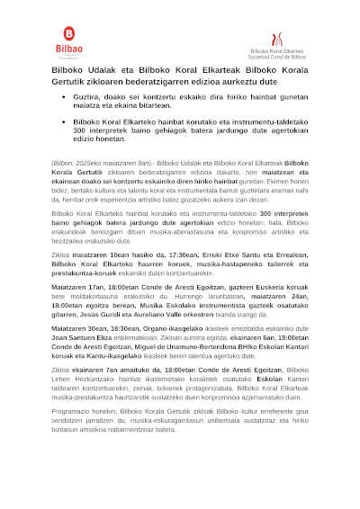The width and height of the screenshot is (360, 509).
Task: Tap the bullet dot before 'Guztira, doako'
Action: coord(63,96)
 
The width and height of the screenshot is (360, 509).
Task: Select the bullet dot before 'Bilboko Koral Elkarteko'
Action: coord(63,120)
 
